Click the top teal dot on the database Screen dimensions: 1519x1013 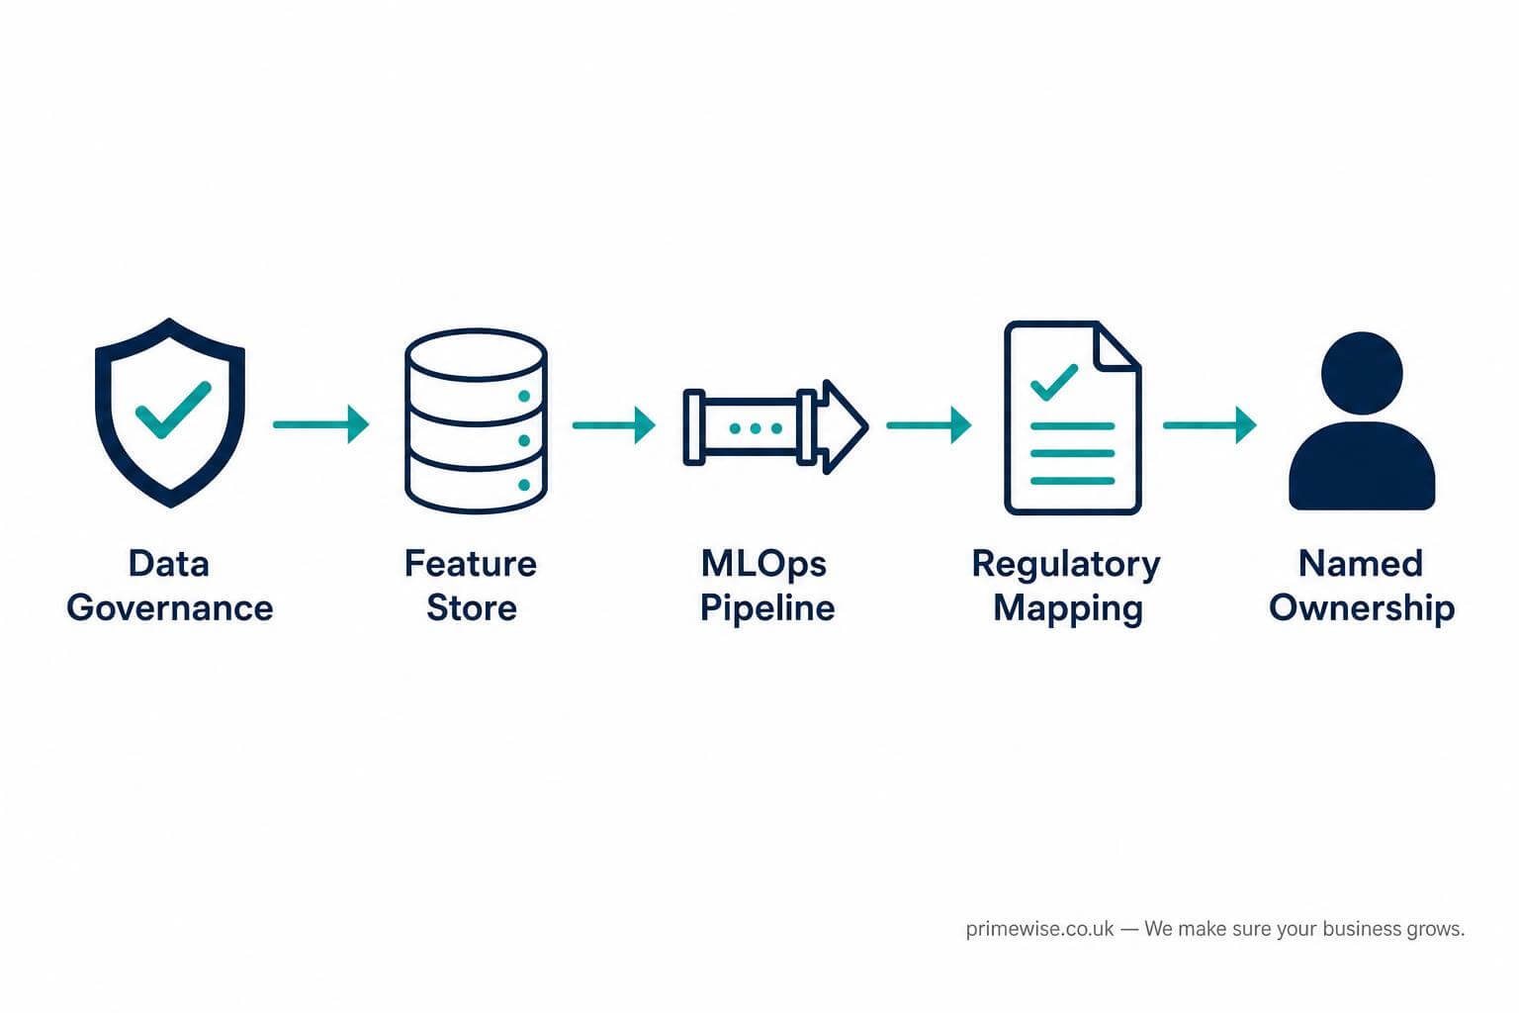coord(524,397)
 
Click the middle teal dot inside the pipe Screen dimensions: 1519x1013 coord(757,428)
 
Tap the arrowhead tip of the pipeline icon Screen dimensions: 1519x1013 coord(868,426)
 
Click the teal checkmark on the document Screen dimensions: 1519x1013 coord(1054,382)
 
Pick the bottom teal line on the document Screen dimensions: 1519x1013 coord(1073,481)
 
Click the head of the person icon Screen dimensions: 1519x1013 coord(1363,373)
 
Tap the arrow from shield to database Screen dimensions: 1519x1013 coord(320,424)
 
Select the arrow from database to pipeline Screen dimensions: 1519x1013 coord(614,425)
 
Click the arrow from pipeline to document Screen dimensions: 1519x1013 coord(929,425)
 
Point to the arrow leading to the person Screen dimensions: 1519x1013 coord(1209,425)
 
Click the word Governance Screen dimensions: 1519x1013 coord(169,607)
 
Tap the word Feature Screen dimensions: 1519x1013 coord(471,564)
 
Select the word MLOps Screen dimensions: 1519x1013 coord(763,565)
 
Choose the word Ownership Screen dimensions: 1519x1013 coord(1362,608)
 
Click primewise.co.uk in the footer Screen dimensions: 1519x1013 coord(1039,929)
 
